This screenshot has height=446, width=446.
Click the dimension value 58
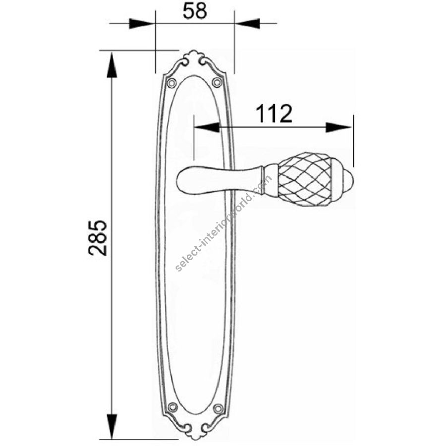coord(195,11)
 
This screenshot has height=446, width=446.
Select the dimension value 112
coord(274,113)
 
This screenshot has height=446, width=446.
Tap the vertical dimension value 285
coord(98,237)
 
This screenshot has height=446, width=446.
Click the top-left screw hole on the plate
coord(171,83)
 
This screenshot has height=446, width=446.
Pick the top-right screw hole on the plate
coord(218,82)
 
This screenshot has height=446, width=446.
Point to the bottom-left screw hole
coord(172,408)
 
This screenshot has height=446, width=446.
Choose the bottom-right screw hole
coord(218,408)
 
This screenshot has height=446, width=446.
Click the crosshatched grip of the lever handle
coord(305,180)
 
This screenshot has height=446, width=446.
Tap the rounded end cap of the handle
coord(343,180)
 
